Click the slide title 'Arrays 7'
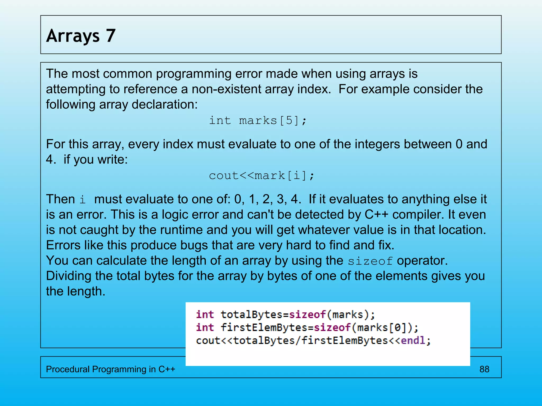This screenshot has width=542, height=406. [81, 36]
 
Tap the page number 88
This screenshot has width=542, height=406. [484, 369]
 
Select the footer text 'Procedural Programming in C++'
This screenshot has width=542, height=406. [110, 369]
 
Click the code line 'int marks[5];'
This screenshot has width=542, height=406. [258, 121]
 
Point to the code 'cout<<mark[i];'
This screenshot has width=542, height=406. [261, 176]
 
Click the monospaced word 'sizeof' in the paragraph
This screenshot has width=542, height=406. [370, 261]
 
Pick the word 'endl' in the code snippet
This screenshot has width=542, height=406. [413, 340]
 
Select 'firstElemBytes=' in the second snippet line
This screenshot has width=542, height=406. [267, 328]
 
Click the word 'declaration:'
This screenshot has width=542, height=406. [165, 105]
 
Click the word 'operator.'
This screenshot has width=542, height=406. [422, 261]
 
